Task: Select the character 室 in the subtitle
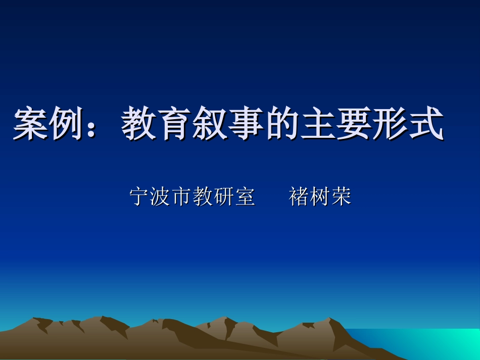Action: tap(245, 196)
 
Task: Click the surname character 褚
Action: tap(299, 196)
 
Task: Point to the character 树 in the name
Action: tap(320, 196)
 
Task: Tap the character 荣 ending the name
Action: tap(341, 196)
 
